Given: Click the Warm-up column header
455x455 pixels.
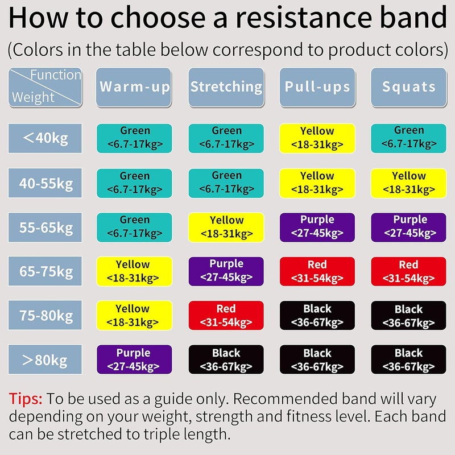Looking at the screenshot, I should coord(134,88).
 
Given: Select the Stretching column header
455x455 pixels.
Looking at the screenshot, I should coord(226,88).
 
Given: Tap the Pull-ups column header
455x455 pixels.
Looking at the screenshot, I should coord(317,88).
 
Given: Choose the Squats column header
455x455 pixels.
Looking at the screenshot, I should coord(409,88).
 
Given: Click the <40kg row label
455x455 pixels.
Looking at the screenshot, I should coord(45,138).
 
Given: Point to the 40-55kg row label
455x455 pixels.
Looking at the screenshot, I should coord(45,183).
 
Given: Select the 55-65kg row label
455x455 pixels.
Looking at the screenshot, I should coord(45,227).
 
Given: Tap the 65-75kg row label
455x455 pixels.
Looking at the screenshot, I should coord(45,271).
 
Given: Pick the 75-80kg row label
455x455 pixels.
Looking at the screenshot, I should coord(45,316).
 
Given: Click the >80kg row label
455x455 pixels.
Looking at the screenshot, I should coord(45,360).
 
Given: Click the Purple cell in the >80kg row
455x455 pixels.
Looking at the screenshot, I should coord(134,360).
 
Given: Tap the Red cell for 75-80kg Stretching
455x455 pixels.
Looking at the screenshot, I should coord(226,316).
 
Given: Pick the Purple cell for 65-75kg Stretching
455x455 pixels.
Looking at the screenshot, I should coord(226,271).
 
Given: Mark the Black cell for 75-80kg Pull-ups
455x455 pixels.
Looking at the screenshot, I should coord(317,316).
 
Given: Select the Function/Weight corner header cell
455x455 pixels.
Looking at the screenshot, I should coord(45,88).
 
